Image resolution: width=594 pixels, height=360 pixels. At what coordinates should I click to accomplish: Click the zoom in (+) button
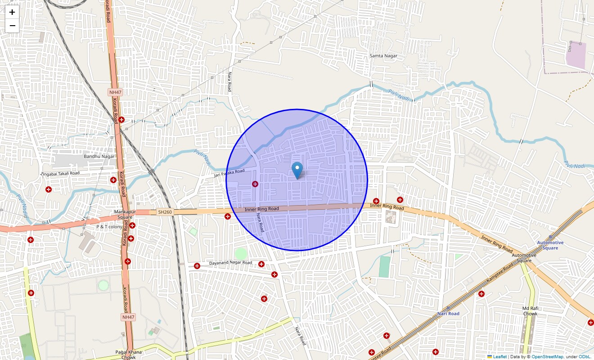point(12,13)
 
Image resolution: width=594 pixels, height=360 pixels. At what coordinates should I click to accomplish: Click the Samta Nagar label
point(383,56)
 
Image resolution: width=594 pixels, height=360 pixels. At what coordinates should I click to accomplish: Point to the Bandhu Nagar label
point(99,157)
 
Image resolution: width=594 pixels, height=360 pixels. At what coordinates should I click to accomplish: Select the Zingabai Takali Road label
point(60,173)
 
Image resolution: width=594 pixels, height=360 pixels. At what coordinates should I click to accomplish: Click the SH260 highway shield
point(165,212)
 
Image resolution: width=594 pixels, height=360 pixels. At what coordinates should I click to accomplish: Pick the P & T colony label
point(109,227)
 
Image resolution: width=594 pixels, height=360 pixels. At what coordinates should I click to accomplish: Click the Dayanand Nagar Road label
point(230,263)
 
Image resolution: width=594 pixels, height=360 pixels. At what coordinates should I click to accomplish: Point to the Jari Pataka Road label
point(229,173)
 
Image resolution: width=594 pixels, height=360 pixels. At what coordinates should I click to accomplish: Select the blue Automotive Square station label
point(550,245)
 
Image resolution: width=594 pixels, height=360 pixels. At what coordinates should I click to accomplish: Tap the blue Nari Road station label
point(448,314)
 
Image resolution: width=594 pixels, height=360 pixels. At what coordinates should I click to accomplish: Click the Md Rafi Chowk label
point(530,311)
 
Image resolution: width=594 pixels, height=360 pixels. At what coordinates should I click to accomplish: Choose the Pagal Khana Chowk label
point(128,355)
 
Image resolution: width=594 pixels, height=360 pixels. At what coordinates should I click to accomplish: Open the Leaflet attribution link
point(499,357)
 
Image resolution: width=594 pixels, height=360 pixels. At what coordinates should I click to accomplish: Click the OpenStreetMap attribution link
point(547,357)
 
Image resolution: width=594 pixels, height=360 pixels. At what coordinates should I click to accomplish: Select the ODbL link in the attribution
point(585,357)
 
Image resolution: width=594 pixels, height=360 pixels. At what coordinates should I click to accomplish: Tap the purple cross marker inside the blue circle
point(255,184)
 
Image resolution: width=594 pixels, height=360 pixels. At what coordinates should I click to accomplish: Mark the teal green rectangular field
point(384,266)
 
